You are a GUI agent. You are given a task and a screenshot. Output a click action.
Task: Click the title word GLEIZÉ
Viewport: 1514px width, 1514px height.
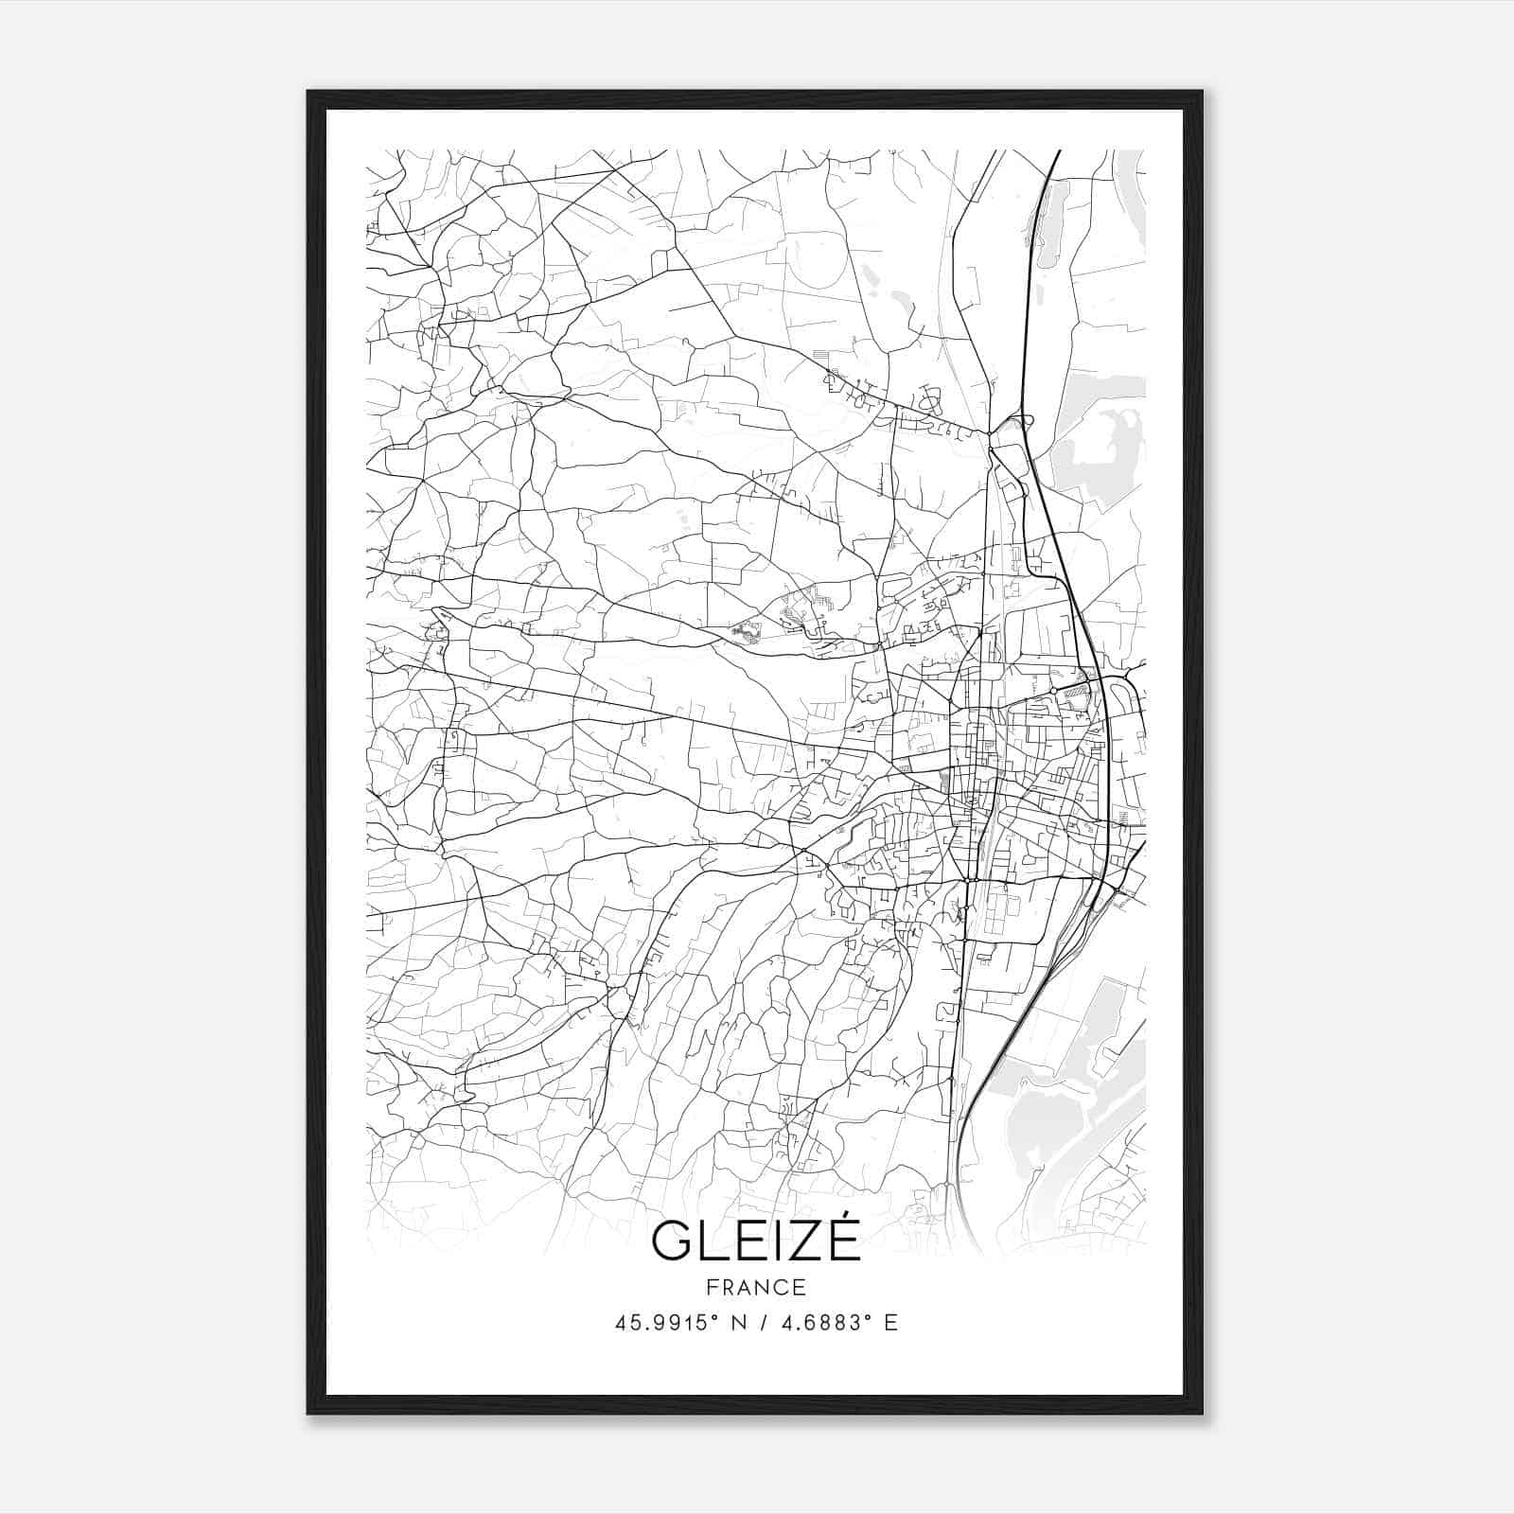click(x=756, y=1241)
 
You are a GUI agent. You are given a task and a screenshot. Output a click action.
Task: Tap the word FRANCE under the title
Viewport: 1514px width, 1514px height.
click(x=756, y=1287)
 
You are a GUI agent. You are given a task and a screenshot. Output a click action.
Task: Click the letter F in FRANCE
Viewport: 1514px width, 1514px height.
click(x=712, y=1287)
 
